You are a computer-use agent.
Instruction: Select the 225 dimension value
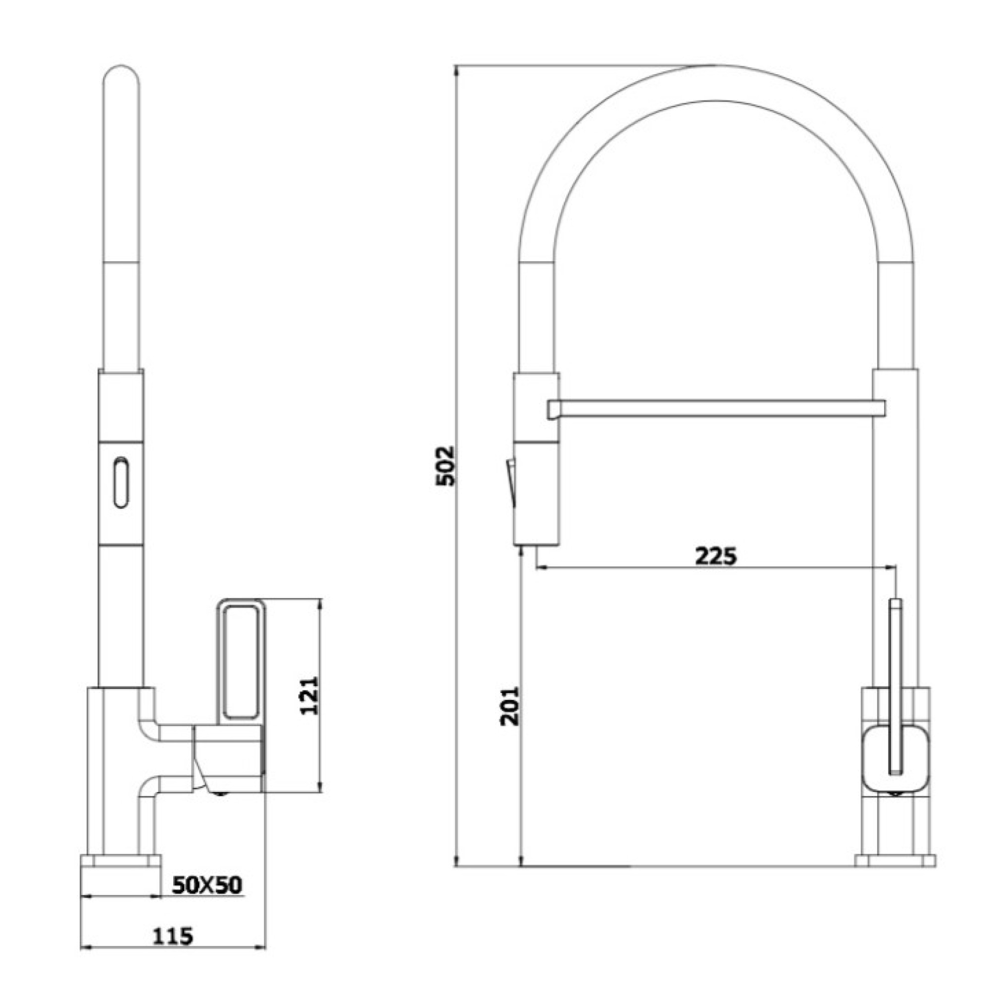716,556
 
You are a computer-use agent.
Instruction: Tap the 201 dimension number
510,706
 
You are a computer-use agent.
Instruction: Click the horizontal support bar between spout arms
716,409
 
